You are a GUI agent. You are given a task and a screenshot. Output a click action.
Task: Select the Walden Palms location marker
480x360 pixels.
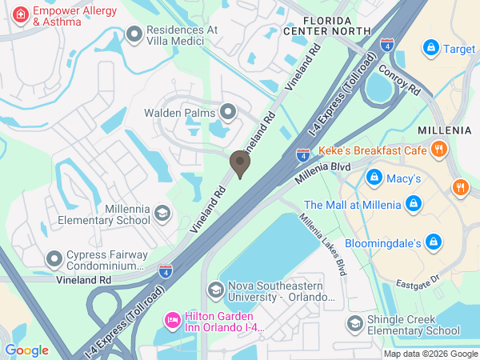[228, 112]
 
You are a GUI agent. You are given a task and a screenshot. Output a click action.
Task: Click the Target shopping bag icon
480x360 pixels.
[431, 48]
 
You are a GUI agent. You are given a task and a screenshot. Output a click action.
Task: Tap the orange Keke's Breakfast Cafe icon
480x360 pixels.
[438, 150]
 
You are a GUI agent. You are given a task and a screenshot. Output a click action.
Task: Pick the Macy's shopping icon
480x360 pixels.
[372, 176]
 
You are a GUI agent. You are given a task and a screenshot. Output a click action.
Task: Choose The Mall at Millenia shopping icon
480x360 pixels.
[413, 204]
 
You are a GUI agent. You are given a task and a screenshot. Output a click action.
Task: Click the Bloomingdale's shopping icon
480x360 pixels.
[433, 241]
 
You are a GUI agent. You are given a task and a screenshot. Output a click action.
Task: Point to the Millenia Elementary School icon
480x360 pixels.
[162, 214]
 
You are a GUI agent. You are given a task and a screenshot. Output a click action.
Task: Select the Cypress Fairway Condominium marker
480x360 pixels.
[54, 258]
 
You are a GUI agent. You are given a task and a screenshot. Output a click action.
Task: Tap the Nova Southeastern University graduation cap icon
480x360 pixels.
[214, 289]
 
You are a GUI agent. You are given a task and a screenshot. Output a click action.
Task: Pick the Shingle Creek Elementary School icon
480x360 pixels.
[354, 323]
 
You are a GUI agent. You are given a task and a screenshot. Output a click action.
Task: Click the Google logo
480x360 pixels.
[27, 350]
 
